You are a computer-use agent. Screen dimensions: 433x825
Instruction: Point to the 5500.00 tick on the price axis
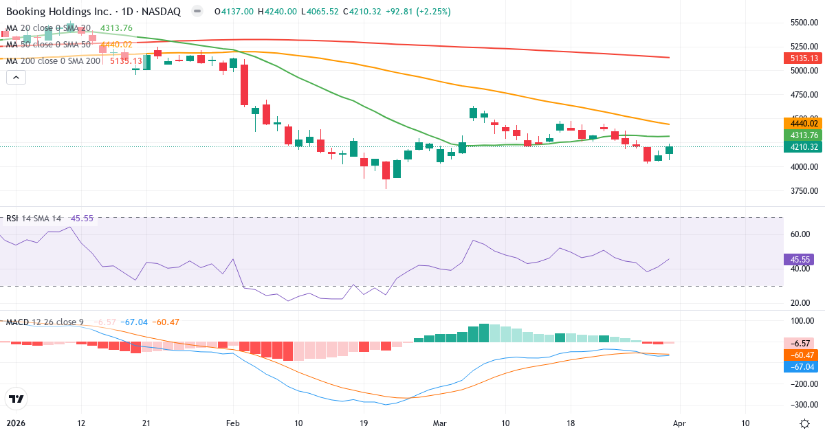point(803,23)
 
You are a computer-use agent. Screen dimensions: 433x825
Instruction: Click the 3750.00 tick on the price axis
point(803,191)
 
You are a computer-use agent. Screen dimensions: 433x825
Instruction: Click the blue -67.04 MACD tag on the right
point(801,367)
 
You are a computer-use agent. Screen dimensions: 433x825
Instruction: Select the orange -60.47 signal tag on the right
point(801,355)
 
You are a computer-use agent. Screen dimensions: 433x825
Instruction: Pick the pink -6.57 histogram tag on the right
point(801,343)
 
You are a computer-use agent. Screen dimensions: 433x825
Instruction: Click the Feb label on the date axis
point(232,423)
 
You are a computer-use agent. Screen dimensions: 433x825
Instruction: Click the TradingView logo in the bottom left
point(15,399)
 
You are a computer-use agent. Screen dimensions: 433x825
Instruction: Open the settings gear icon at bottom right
point(805,423)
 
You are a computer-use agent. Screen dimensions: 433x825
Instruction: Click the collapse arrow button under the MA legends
point(16,78)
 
